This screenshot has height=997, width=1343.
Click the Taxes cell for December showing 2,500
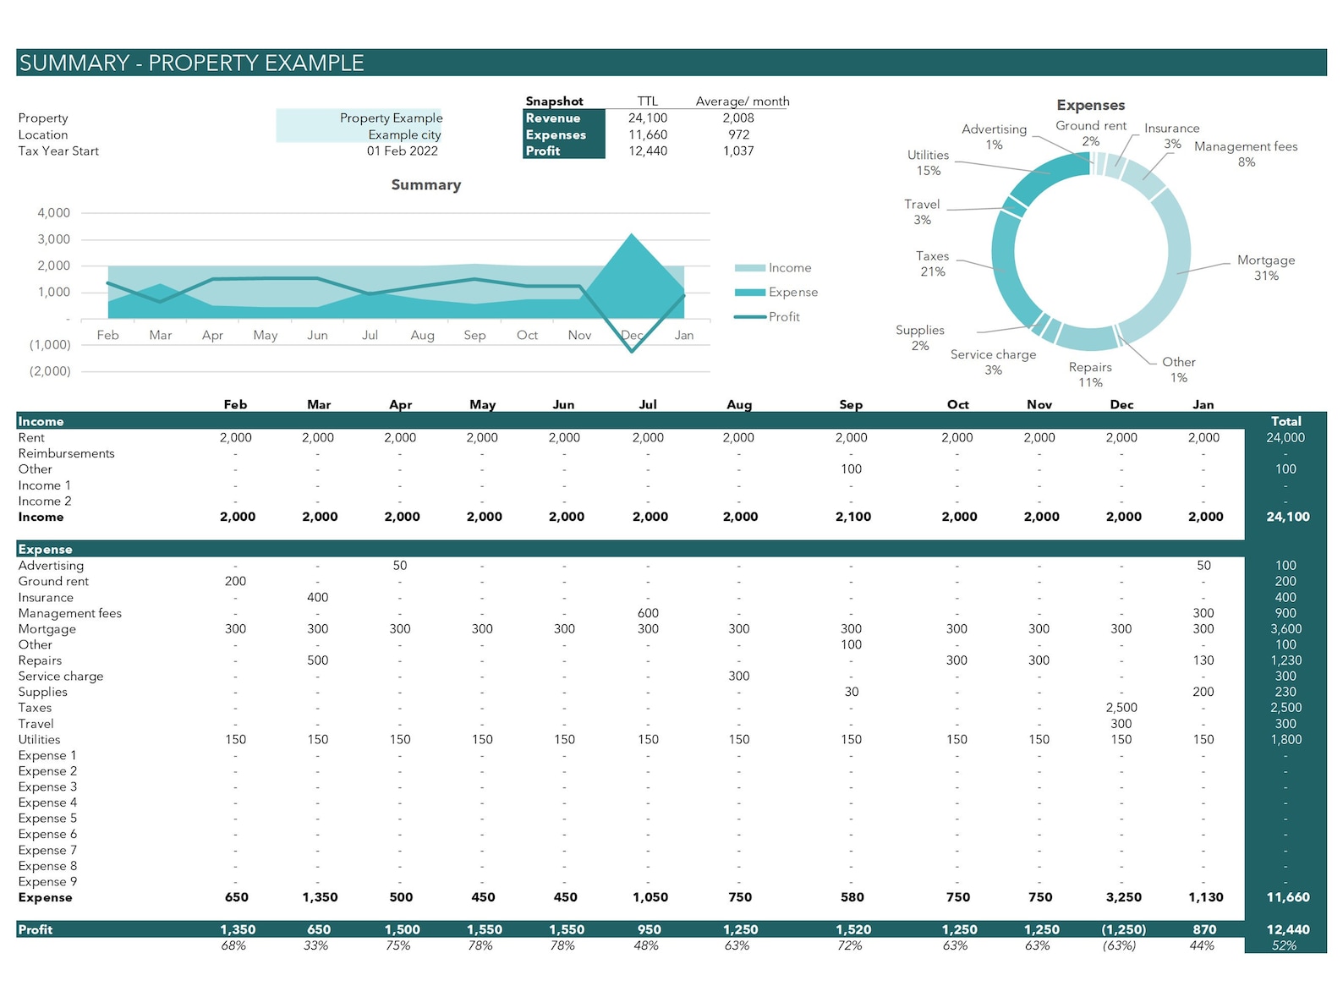click(x=1121, y=708)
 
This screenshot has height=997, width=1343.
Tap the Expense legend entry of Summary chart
click(x=792, y=293)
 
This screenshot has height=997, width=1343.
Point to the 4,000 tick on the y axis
click(x=53, y=213)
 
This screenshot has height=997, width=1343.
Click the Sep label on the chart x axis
click(x=474, y=336)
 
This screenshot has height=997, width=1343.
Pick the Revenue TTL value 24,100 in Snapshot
click(x=647, y=118)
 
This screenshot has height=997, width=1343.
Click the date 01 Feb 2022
click(x=402, y=151)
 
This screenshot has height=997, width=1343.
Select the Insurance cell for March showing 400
click(x=317, y=598)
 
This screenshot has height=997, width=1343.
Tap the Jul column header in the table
click(x=647, y=405)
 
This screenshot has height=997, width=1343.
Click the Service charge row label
click(x=61, y=677)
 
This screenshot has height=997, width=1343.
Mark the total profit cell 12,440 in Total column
click(x=1287, y=929)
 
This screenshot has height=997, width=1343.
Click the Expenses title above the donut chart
click(x=1090, y=106)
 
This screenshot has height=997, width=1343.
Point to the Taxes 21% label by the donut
click(x=932, y=264)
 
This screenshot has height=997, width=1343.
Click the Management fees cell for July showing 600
click(x=648, y=614)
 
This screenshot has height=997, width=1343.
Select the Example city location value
click(x=404, y=135)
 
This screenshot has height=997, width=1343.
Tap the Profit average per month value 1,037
click(x=737, y=151)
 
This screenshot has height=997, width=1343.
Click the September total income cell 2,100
click(x=852, y=517)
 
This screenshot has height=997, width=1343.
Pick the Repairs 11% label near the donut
click(x=1089, y=375)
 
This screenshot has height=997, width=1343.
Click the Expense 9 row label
click(x=47, y=882)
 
